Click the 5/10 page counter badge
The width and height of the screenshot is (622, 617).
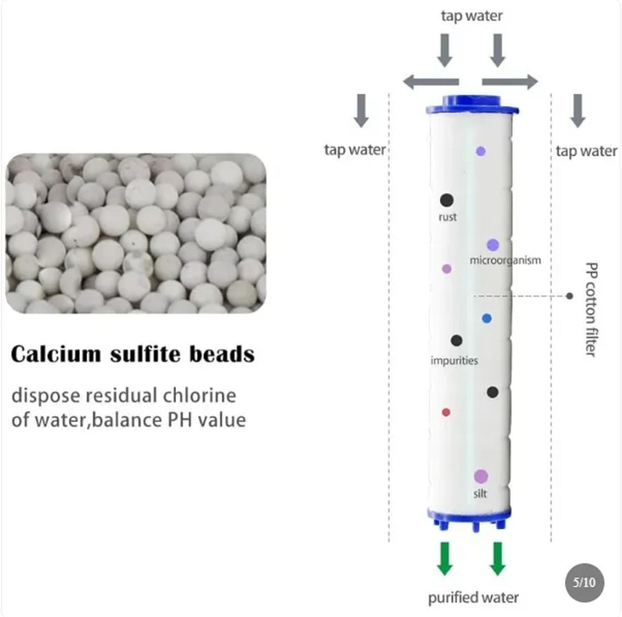[584, 582]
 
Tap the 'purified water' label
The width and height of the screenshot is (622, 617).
[473, 598]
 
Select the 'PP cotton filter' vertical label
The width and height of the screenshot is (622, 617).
[591, 309]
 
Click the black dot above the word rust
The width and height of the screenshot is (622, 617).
[446, 200]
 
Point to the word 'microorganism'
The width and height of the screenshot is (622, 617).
[505, 260]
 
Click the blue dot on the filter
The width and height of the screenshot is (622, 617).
[487, 319]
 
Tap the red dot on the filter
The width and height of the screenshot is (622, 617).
[446, 413]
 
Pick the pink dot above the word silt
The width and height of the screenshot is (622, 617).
[481, 476]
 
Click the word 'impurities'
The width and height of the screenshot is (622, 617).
[454, 361]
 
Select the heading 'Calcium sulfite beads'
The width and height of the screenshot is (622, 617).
[132, 354]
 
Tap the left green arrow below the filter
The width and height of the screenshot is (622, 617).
[445, 558]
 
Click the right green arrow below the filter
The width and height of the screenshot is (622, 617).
[498, 558]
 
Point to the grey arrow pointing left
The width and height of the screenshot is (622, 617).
[431, 82]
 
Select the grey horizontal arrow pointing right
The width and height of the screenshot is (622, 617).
[510, 82]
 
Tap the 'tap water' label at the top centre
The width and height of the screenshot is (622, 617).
[471, 16]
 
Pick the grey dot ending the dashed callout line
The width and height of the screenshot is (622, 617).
[570, 296]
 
